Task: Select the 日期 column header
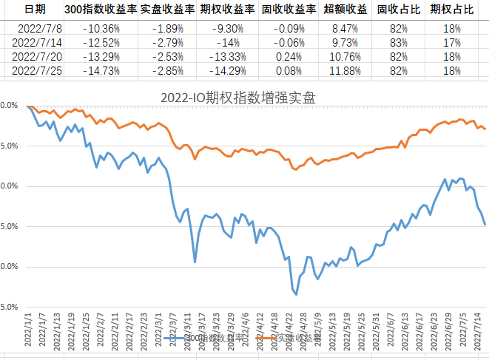click(x=35, y=10)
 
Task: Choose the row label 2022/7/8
click(x=35, y=28)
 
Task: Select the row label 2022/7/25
click(x=35, y=70)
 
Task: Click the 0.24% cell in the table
click(x=289, y=56)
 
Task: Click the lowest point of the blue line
click(x=297, y=294)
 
